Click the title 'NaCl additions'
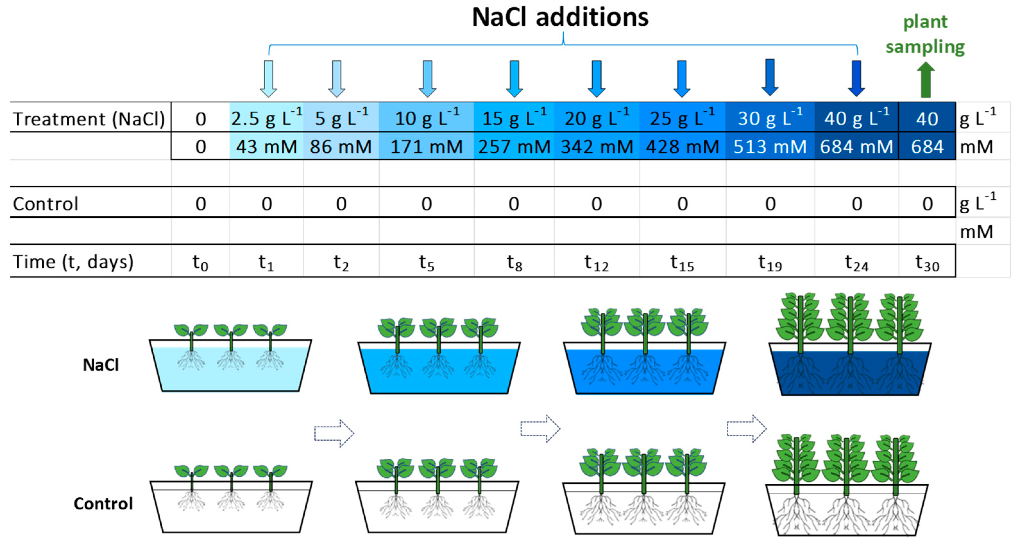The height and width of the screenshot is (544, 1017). (x=560, y=17)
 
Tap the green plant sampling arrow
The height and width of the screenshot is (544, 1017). (x=925, y=81)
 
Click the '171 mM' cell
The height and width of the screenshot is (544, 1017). (x=426, y=147)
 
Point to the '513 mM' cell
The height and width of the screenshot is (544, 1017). (x=770, y=147)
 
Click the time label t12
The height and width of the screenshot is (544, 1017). (x=597, y=262)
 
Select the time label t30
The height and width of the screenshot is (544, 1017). (x=927, y=262)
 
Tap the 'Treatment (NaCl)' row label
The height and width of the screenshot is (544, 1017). (x=89, y=119)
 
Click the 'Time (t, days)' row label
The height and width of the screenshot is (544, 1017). (x=73, y=262)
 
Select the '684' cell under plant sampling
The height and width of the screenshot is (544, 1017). (x=927, y=147)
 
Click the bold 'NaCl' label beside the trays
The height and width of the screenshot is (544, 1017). (x=101, y=365)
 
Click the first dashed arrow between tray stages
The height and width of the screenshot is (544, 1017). (x=334, y=433)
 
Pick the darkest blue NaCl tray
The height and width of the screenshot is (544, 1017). (x=850, y=371)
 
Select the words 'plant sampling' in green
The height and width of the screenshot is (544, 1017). (x=925, y=34)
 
